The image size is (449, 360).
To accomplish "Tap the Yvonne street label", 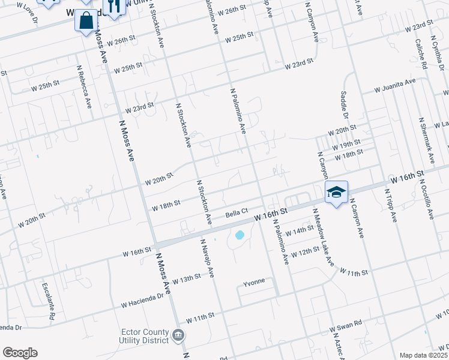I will (253, 283).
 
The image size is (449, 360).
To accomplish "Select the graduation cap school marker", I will (336, 192).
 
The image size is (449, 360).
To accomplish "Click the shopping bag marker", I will (86, 20).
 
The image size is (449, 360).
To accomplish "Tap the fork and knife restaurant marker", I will (113, 6).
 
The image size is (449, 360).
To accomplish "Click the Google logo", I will (20, 353).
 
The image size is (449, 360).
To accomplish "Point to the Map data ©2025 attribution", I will (423, 355).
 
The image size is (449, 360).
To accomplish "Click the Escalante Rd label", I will (48, 300).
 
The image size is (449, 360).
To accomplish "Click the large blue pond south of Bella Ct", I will (240, 235).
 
